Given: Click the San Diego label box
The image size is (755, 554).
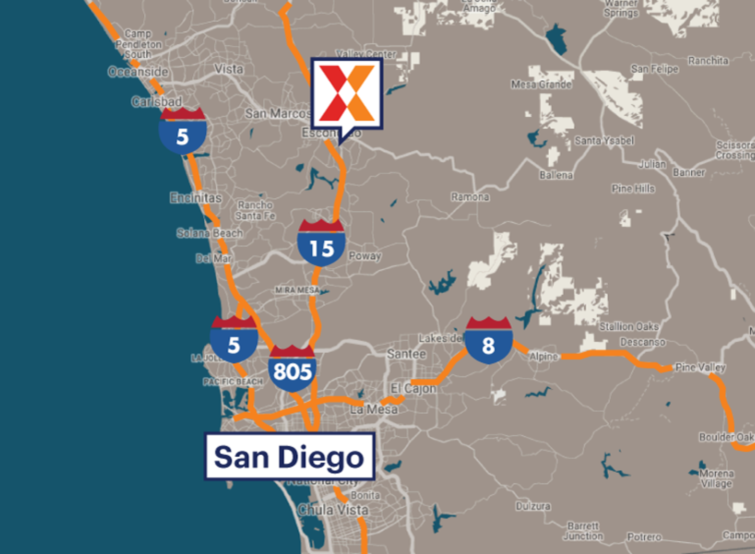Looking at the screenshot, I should click(289, 456).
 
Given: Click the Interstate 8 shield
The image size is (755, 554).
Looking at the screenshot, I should click(488, 341).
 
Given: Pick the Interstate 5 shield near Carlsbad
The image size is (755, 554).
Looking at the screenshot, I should click(183, 132).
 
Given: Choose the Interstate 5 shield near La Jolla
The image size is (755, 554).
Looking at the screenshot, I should click(234, 341).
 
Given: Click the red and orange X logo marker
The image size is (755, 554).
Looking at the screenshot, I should click(347, 94).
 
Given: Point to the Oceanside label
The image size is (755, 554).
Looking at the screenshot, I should click(138, 72).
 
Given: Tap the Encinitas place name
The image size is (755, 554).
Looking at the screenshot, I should click(196, 198).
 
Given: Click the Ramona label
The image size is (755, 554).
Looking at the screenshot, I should click(470, 196).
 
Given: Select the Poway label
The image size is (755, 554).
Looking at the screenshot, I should click(365, 256).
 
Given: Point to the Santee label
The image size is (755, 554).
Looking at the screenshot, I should click(406, 354).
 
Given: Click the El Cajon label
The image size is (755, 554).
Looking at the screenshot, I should click(413, 388).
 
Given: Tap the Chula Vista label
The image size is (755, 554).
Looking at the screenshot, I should click(333, 510).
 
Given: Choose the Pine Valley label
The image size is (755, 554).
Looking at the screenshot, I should click(700, 367).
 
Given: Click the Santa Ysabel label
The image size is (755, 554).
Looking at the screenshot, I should click(604, 140).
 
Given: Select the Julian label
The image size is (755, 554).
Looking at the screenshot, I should click(653, 164).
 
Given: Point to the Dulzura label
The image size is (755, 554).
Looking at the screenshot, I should click(533, 506).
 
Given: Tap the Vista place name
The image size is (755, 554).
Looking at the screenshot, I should click(229, 69).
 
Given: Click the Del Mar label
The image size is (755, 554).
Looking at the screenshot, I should click(214, 258).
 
